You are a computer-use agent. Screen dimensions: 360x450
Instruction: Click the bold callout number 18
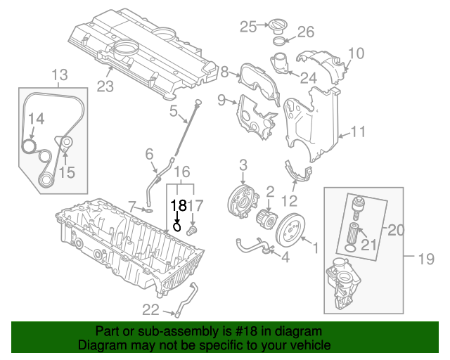tap(179, 205)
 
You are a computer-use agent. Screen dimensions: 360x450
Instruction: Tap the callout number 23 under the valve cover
tap(105, 87)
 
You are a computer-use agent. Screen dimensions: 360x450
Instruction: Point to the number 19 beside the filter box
tap(427, 259)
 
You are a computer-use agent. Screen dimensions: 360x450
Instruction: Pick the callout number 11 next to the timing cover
tap(358, 131)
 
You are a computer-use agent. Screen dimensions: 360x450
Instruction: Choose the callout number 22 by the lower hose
tap(150, 309)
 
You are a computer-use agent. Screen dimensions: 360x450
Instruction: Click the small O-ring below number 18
tap(178, 226)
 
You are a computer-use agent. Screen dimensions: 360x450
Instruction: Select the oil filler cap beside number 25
tap(276, 25)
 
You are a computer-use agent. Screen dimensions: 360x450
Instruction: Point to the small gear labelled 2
tap(267, 215)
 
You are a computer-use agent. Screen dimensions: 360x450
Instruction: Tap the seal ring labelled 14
tap(29, 146)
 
